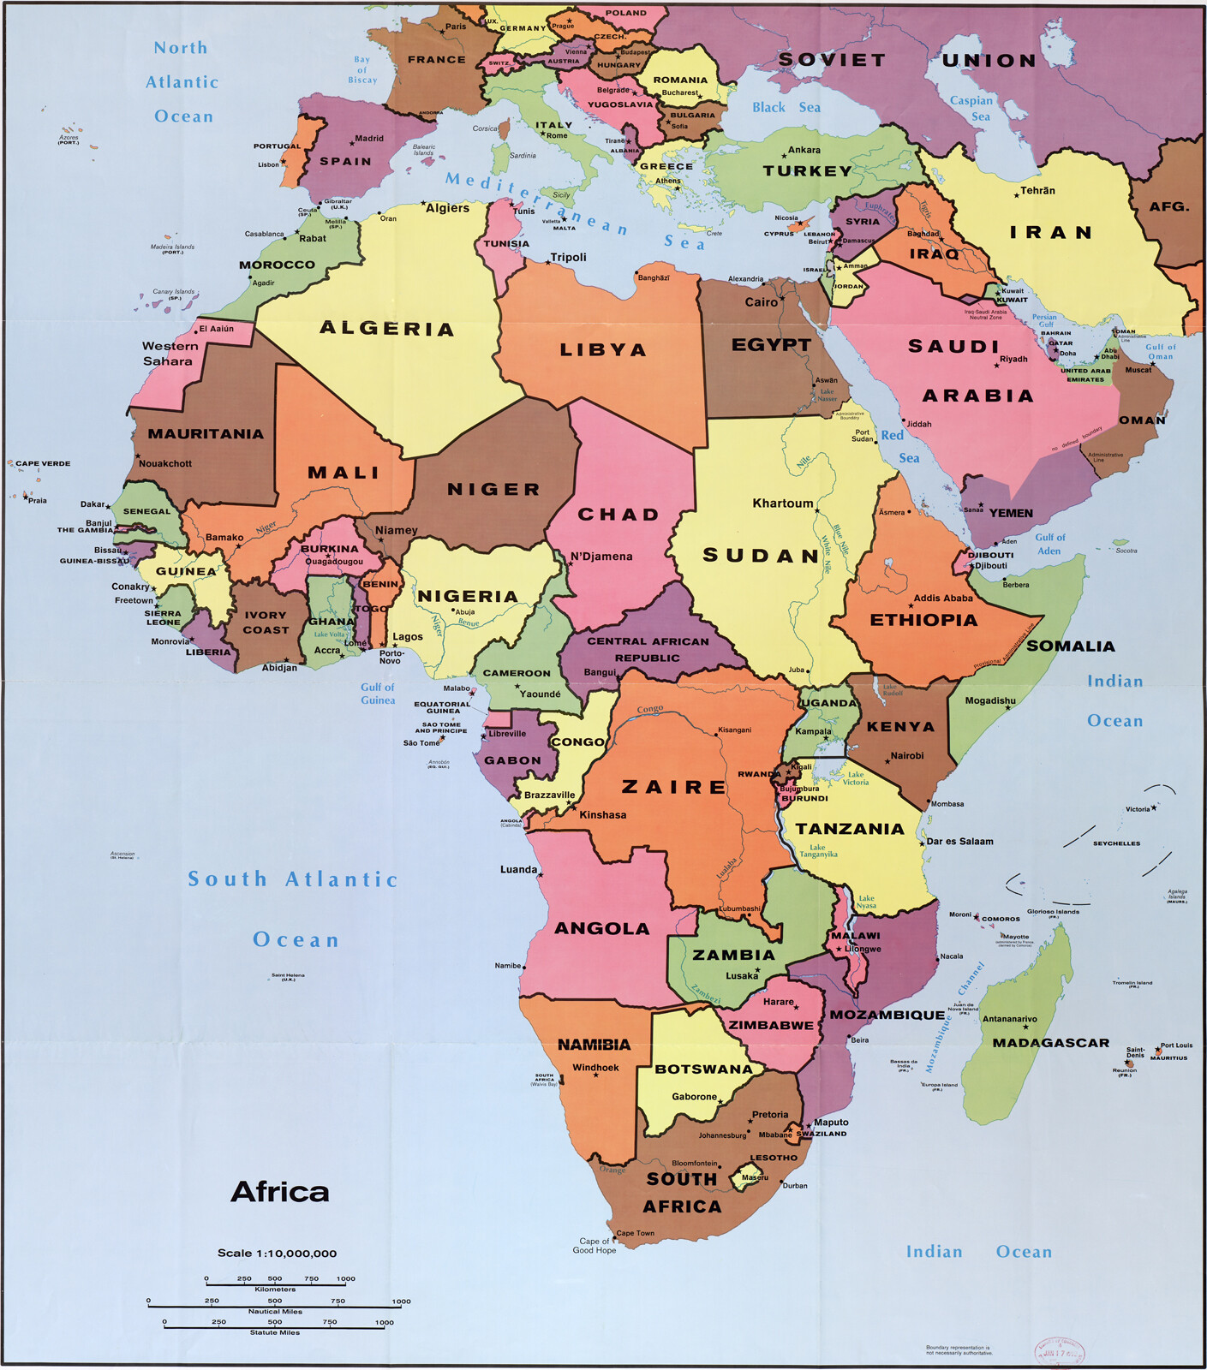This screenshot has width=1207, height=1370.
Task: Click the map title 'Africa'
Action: click(x=279, y=1192)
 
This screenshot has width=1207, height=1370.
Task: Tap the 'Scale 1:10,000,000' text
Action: click(x=277, y=1253)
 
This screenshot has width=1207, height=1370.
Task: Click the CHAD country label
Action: click(x=618, y=515)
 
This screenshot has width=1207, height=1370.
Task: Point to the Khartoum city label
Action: click(x=782, y=503)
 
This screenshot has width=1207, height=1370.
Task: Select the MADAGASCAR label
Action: click(x=1050, y=1043)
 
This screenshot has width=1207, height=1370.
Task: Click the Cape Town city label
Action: click(x=635, y=1234)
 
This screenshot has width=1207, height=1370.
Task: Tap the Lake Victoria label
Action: click(x=855, y=778)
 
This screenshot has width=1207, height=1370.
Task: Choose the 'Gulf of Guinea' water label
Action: click(x=378, y=694)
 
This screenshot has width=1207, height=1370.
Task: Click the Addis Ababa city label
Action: click(x=943, y=599)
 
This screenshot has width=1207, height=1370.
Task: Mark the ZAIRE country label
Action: click(x=674, y=787)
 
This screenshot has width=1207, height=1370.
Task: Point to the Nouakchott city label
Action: click(x=164, y=463)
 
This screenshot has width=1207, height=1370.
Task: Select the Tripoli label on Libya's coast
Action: click(x=568, y=258)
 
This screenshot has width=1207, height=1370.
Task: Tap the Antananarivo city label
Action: click(x=1009, y=1019)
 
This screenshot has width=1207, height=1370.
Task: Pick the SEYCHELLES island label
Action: click(x=1116, y=843)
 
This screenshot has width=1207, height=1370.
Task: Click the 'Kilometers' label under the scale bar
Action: click(x=275, y=1289)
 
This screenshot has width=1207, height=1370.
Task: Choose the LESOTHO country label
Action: click(x=774, y=1158)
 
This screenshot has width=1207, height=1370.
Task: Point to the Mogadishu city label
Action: click(x=990, y=700)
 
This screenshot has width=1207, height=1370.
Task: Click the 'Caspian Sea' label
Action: click(x=971, y=108)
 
